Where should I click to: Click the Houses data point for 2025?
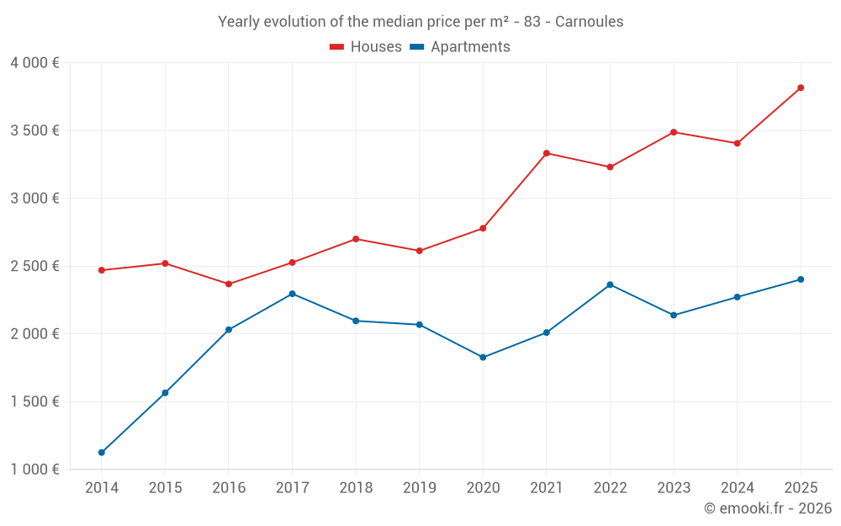point(801,88)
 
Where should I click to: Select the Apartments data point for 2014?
point(102,453)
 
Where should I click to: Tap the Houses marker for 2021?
point(547,153)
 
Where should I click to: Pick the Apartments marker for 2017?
point(292,294)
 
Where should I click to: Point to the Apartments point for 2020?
point(483,358)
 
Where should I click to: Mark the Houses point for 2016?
point(229,284)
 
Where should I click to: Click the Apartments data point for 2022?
point(610,284)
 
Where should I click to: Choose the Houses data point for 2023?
point(674,132)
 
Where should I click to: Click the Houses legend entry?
point(366,47)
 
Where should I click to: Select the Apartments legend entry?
point(460,47)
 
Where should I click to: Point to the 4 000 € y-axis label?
point(34,63)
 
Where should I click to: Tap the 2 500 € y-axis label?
point(34,266)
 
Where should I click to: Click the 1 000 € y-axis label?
point(34,470)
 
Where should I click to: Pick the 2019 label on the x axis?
point(419,487)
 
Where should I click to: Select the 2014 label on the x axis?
point(102,487)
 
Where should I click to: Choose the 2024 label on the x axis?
point(737,487)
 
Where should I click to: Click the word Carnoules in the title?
point(589,22)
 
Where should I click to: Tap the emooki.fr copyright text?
point(768,508)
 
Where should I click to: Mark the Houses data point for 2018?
point(356,239)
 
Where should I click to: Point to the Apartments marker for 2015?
point(165,393)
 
